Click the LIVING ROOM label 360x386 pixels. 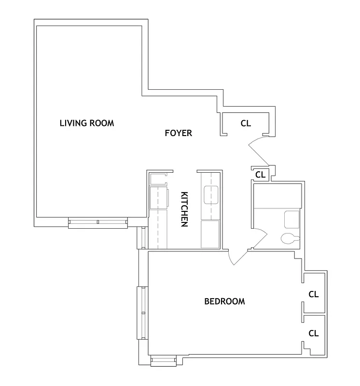click(x=87, y=123)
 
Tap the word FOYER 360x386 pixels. click(x=178, y=133)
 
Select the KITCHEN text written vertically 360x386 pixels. click(x=184, y=209)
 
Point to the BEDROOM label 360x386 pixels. click(x=224, y=302)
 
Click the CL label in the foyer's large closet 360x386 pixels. click(x=246, y=124)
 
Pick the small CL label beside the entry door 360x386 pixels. click(x=261, y=174)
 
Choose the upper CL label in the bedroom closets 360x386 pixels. click(x=314, y=294)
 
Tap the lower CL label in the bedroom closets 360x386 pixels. click(x=314, y=333)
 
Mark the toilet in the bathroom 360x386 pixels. click(x=290, y=238)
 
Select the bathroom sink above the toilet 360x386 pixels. click(x=292, y=220)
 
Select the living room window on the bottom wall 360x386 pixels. click(x=98, y=222)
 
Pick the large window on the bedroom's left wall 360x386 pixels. click(x=141, y=313)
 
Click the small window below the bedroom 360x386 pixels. click(x=163, y=361)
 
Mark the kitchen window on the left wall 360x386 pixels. click(x=141, y=237)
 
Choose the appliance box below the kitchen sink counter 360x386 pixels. click(x=210, y=234)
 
